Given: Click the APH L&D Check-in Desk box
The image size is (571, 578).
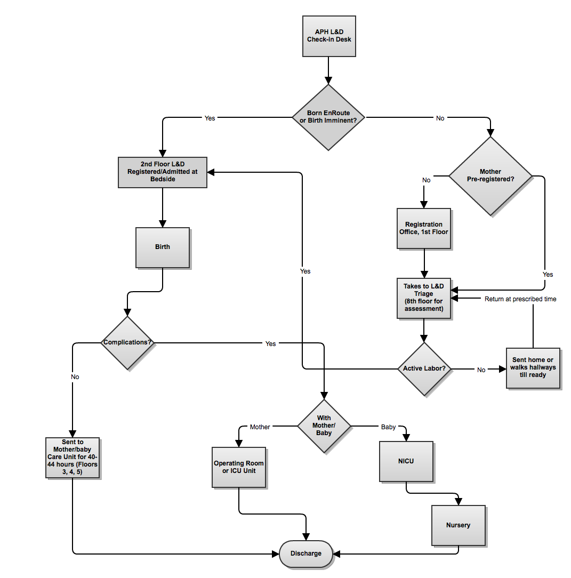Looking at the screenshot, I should click(329, 36).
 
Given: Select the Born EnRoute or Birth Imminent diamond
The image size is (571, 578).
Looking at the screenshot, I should click(328, 117).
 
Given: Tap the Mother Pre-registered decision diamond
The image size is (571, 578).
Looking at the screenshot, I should click(490, 175).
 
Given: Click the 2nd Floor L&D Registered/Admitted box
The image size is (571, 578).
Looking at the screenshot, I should click(162, 172).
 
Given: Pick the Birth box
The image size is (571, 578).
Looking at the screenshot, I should click(163, 247).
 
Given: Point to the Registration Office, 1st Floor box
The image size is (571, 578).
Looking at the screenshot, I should click(424, 228).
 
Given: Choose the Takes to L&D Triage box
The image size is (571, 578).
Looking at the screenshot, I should click(424, 298).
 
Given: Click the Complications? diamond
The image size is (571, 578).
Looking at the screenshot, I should click(128, 342).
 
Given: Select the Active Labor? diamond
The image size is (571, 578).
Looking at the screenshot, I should click(424, 368).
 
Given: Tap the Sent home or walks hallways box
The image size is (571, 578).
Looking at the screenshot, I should click(533, 367).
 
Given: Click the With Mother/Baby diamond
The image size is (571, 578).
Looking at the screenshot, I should click(324, 426).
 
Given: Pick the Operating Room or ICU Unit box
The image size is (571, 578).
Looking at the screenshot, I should click(238, 467).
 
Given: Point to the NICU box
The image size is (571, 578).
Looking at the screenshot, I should click(406, 461).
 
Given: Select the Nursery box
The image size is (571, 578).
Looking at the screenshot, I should click(458, 525).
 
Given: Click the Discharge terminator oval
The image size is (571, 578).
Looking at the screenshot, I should click(306, 553).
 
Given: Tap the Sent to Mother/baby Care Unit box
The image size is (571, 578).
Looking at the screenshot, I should click(73, 457).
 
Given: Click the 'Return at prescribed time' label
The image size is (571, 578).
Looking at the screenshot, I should click(520, 299).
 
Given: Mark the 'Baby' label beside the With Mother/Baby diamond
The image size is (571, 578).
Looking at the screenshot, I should click(388, 427).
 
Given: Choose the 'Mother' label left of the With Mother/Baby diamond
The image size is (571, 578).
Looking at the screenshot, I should click(260, 427).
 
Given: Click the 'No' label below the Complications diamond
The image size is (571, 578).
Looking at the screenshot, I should click(75, 377).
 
